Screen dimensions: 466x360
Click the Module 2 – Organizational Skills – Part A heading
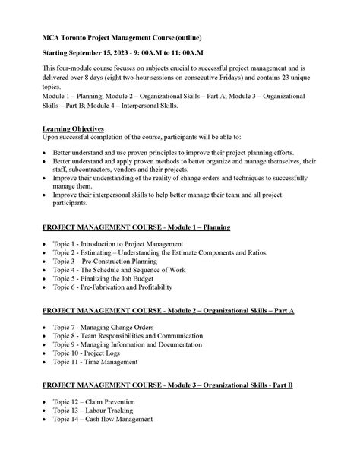168,312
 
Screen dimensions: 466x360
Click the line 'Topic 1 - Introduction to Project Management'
118,244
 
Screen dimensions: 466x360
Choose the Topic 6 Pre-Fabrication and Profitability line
119,297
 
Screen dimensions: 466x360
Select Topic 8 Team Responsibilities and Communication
134,340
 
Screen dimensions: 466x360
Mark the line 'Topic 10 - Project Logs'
88,361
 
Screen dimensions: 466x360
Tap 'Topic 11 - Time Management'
96,372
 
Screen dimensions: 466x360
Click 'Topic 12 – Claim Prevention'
94,402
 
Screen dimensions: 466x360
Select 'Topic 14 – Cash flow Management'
103,423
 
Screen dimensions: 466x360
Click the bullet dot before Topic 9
46,350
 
